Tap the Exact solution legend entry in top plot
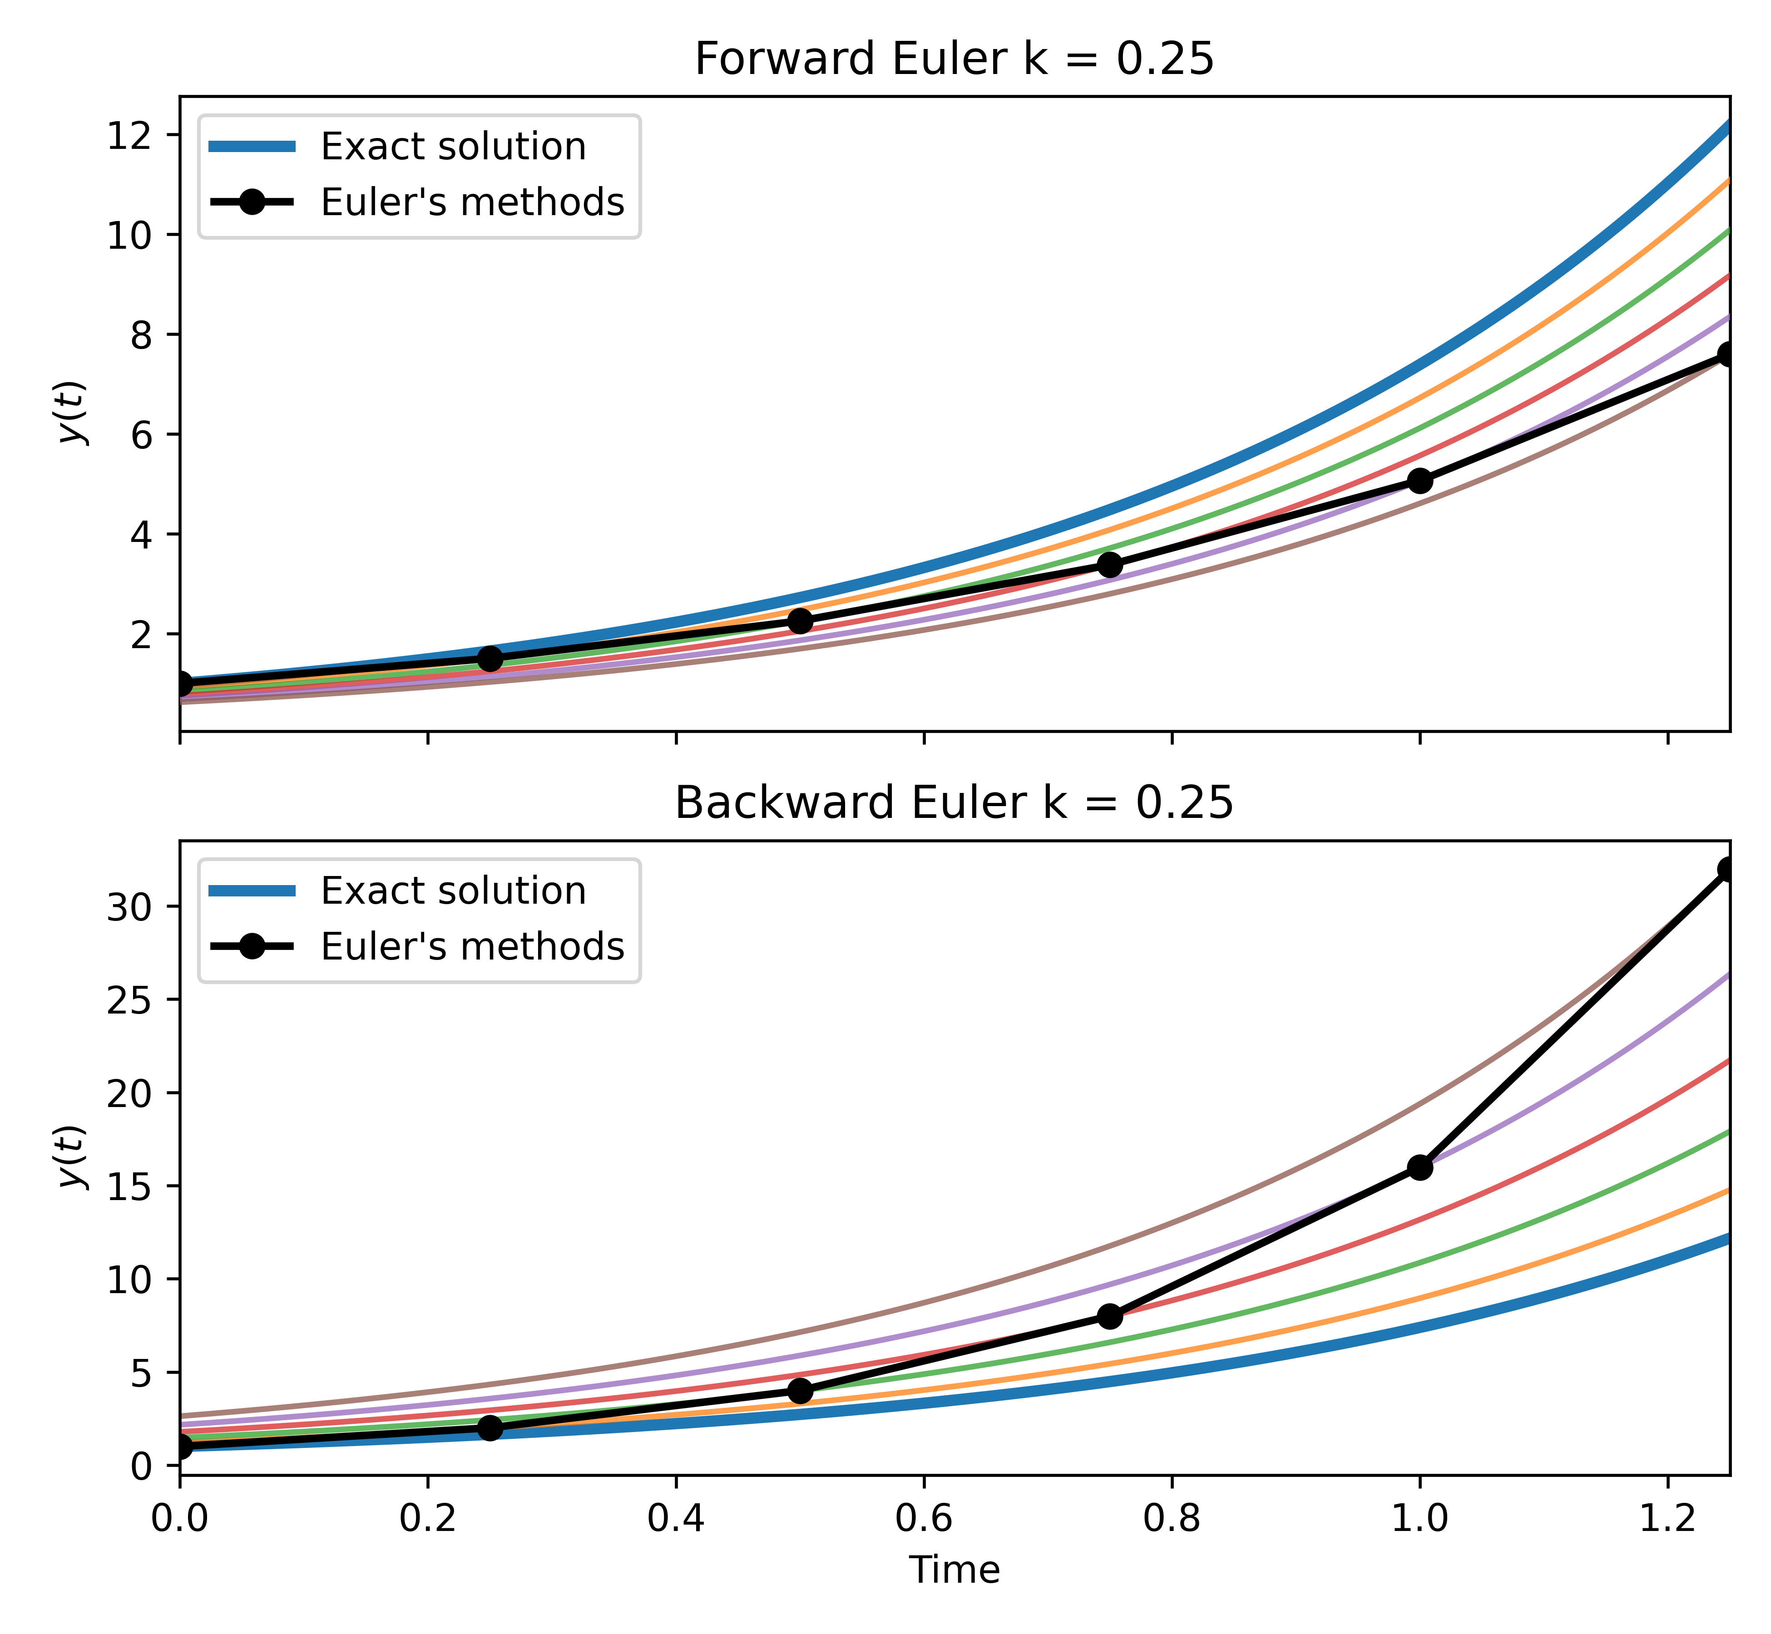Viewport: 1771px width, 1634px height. pos(453,147)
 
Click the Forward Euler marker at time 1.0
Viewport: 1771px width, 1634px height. pos(1420,481)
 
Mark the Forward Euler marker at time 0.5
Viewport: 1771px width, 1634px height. pos(800,621)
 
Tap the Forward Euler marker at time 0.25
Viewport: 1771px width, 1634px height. pos(490,659)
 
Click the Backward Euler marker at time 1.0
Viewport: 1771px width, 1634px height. pos(1420,1167)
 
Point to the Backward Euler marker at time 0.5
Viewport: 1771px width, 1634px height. pos(800,1391)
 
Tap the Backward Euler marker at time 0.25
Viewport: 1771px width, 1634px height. pos(490,1428)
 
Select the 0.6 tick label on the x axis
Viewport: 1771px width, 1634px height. pos(924,1518)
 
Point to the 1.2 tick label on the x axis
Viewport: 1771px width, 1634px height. pos(1667,1518)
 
